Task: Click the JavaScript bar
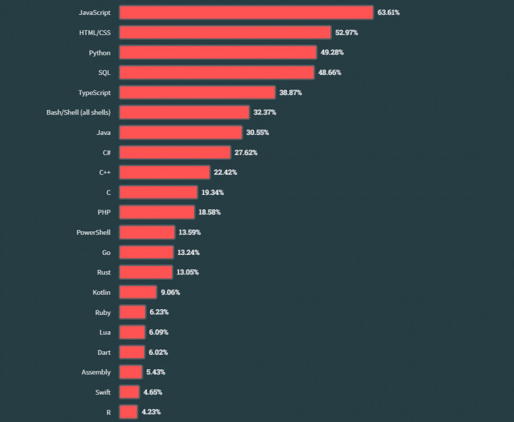point(246,13)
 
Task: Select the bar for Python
point(218,52)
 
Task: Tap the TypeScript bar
point(197,92)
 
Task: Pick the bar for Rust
point(146,272)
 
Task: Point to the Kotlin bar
point(138,292)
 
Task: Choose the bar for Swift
point(129,392)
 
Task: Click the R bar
point(128,412)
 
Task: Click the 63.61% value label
point(388,13)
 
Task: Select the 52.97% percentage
point(346,33)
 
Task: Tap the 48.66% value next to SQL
point(329,72)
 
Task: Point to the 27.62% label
point(246,152)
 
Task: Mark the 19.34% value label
point(212,192)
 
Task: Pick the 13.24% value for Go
point(188,252)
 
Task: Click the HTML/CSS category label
point(95,33)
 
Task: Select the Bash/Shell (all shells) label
point(79,112)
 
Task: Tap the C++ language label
point(105,172)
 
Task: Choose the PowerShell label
point(94,232)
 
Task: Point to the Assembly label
point(96,372)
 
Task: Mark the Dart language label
point(104,352)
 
